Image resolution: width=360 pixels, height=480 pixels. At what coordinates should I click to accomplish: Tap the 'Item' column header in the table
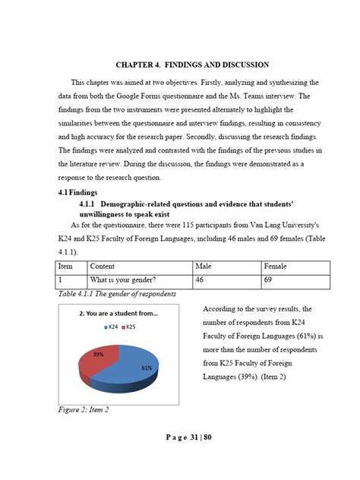click(x=66, y=267)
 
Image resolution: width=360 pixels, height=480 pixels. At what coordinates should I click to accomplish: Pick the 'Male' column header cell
click(x=204, y=267)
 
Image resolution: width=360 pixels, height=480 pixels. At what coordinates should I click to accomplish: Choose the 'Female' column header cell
click(x=275, y=267)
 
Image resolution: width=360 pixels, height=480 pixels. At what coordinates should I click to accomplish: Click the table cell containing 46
click(x=201, y=281)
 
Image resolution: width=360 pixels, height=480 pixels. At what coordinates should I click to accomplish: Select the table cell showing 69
click(x=268, y=281)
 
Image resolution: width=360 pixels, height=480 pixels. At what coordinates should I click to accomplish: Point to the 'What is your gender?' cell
click(x=124, y=281)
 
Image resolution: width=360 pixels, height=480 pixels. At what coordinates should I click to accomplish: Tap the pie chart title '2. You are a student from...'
click(x=118, y=313)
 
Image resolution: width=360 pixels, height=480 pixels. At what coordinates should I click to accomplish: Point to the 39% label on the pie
click(x=98, y=355)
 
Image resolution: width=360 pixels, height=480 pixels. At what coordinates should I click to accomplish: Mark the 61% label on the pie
click(x=147, y=368)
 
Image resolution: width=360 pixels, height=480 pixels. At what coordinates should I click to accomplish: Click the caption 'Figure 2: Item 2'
click(x=84, y=410)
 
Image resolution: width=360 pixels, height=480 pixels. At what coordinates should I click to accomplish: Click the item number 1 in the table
click(x=62, y=281)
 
